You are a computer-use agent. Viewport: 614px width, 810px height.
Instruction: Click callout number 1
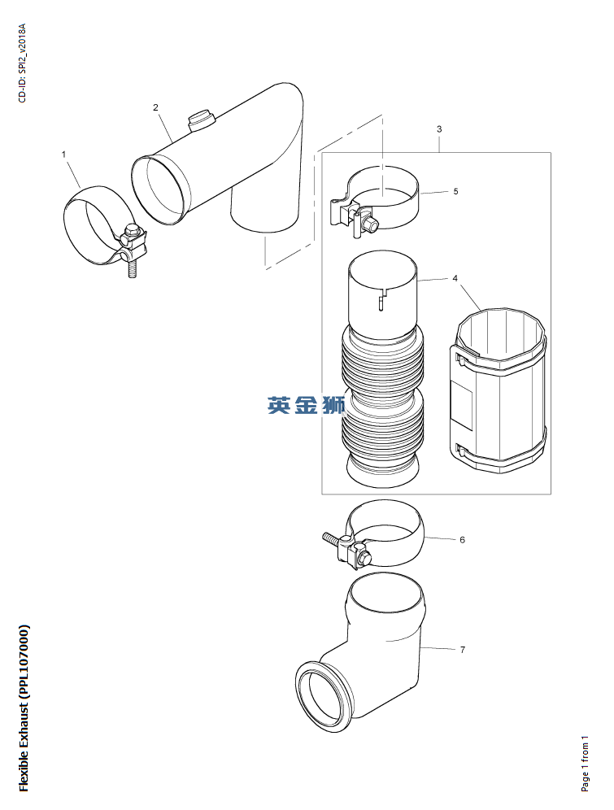tap(64, 155)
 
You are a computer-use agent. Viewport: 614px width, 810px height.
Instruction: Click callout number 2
tap(155, 107)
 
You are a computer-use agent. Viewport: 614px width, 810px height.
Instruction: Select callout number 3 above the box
tap(439, 129)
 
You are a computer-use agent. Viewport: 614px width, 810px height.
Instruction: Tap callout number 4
tap(455, 278)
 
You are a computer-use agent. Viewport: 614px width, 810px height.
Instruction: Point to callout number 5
tap(455, 192)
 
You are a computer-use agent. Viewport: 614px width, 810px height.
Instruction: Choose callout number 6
tap(462, 540)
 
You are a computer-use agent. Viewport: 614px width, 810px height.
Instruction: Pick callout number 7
tap(462, 650)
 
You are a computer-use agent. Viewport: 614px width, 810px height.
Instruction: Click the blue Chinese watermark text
tap(307, 406)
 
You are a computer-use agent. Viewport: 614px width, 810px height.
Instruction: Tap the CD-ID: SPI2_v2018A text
tap(22, 63)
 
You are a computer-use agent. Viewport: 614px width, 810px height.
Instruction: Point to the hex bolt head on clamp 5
tap(370, 223)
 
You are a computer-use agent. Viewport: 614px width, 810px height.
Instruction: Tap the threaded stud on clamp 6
tap(332, 539)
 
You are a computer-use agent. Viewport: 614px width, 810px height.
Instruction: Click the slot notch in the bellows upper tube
tap(381, 299)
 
